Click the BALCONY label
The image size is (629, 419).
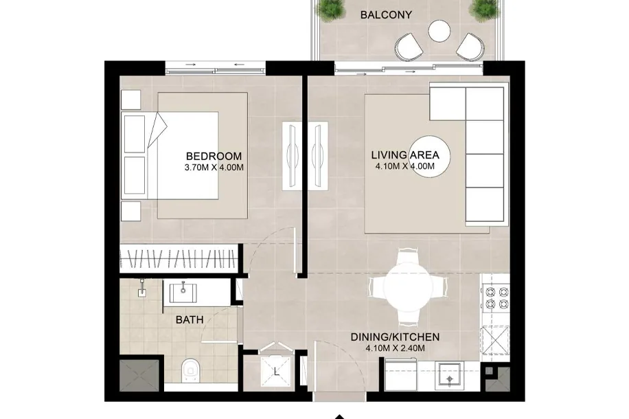pos(386,15)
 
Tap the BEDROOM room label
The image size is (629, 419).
pos(214,156)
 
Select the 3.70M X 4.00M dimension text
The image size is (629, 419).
pos(214,168)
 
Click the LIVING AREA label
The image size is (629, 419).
pos(404,155)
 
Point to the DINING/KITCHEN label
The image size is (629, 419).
pos(395,337)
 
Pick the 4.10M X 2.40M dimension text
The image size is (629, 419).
pos(395,348)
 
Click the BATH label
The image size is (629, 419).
pos(190,320)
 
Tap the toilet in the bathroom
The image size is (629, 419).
pos(190,371)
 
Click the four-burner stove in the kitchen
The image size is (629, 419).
pos(496,297)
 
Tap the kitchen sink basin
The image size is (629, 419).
pos(450,376)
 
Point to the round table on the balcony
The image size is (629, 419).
pos(439,30)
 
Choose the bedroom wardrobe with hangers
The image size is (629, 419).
pos(177,259)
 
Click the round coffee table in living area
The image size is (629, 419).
pos(429,157)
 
